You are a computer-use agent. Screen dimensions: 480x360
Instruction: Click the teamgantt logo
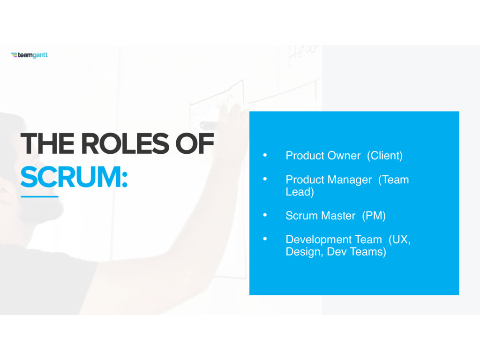pyautogui.click(x=29, y=55)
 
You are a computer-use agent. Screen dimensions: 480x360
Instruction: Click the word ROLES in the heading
pyautogui.click(x=125, y=143)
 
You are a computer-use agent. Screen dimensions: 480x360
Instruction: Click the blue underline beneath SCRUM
pyautogui.click(x=39, y=196)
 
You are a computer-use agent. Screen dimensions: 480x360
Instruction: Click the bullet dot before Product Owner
pyautogui.click(x=265, y=155)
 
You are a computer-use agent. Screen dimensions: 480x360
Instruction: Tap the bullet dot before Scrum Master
pyautogui.click(x=265, y=215)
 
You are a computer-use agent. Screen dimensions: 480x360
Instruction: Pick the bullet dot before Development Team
pyautogui.click(x=265, y=239)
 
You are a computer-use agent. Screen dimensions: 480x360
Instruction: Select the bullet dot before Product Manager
pyautogui.click(x=265, y=179)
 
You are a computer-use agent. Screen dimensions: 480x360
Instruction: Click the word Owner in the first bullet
pyautogui.click(x=344, y=156)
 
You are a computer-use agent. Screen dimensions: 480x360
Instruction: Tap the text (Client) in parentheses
pyautogui.click(x=385, y=156)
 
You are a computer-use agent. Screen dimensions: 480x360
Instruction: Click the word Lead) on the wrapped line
pyautogui.click(x=300, y=192)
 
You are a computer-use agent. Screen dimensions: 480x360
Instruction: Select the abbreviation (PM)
pyautogui.click(x=374, y=216)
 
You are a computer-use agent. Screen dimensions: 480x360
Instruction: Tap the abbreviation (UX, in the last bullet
pyautogui.click(x=399, y=240)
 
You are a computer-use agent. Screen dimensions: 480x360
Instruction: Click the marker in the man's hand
pyautogui.click(x=209, y=125)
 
